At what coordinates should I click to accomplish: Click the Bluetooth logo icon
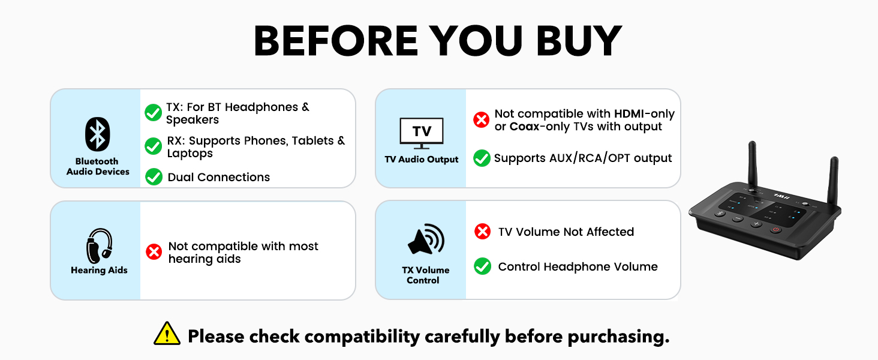[97, 133]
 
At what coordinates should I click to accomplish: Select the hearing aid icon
[99, 245]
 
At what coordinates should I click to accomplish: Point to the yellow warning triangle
[167, 334]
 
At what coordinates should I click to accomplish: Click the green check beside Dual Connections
[154, 177]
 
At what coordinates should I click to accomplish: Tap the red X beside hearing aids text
[154, 252]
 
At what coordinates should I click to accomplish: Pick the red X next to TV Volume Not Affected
[482, 232]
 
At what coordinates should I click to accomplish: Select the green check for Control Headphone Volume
[482, 266]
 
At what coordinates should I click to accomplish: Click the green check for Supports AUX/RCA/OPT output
[482, 158]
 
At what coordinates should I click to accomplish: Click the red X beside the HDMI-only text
[481, 120]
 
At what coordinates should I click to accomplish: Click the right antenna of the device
[832, 180]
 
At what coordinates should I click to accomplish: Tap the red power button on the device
[776, 229]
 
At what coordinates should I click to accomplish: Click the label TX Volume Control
[425, 275]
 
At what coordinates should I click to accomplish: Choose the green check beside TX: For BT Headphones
[153, 112]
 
